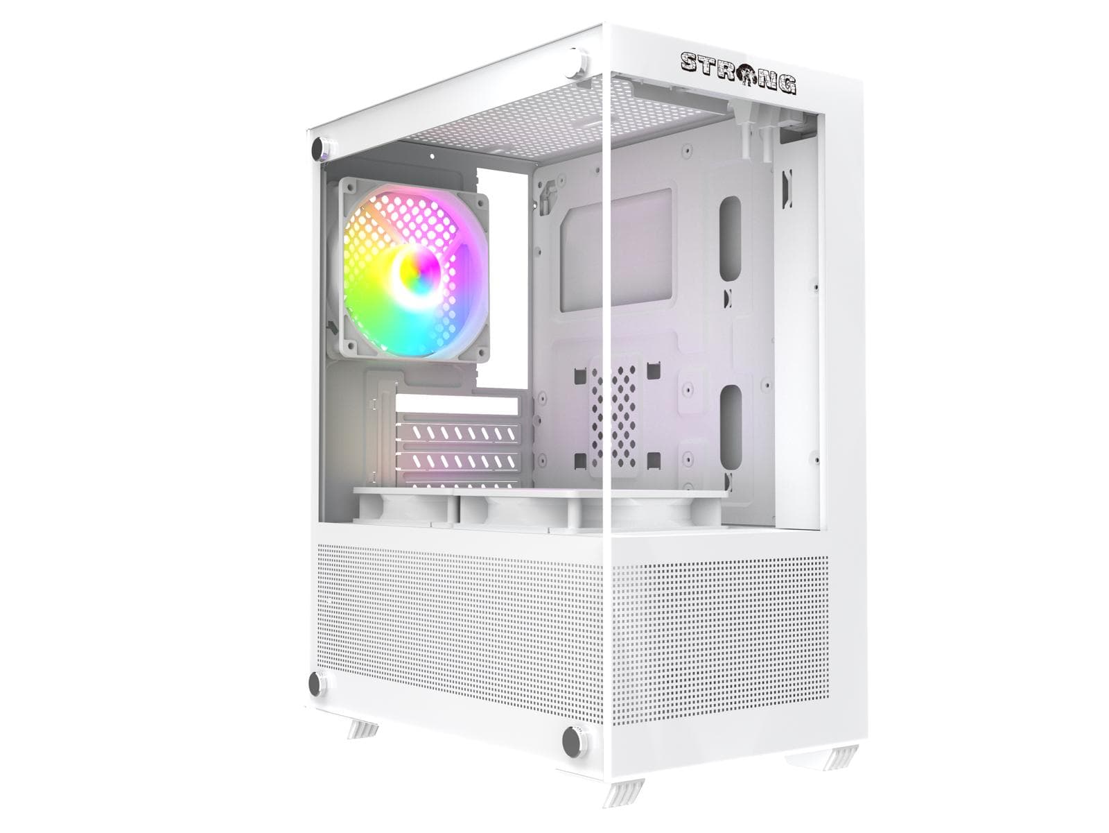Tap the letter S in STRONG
point(690,62)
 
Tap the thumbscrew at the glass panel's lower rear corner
point(317,685)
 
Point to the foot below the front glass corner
point(623,798)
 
